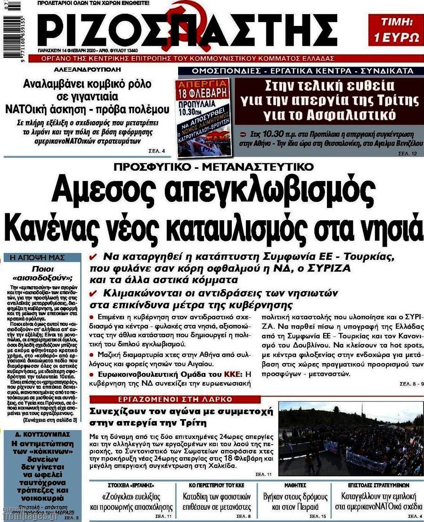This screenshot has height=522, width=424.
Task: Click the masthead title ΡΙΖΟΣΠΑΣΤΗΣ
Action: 188,28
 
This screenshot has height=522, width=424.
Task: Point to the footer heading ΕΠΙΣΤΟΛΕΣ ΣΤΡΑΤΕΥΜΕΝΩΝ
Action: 379,485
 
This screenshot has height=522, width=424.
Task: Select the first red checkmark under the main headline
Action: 93,257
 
